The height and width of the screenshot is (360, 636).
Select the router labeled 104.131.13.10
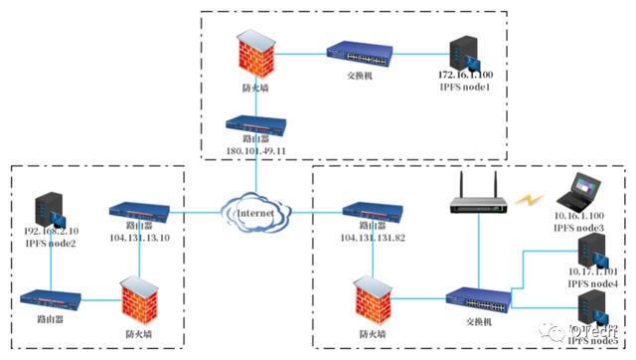tap(139, 211)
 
